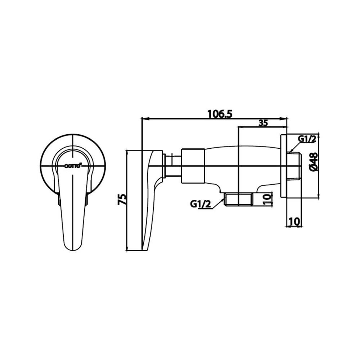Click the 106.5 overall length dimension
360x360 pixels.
pos(220,113)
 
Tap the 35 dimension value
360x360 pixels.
pos(263,123)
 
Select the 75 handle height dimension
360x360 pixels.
pos(122,199)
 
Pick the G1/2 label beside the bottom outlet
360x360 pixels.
pos(200,204)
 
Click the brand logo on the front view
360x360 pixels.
pos(73,166)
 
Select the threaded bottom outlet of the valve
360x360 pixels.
pos(238,199)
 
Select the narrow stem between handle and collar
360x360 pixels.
pos(172,166)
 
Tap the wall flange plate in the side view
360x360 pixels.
pos(284,166)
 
